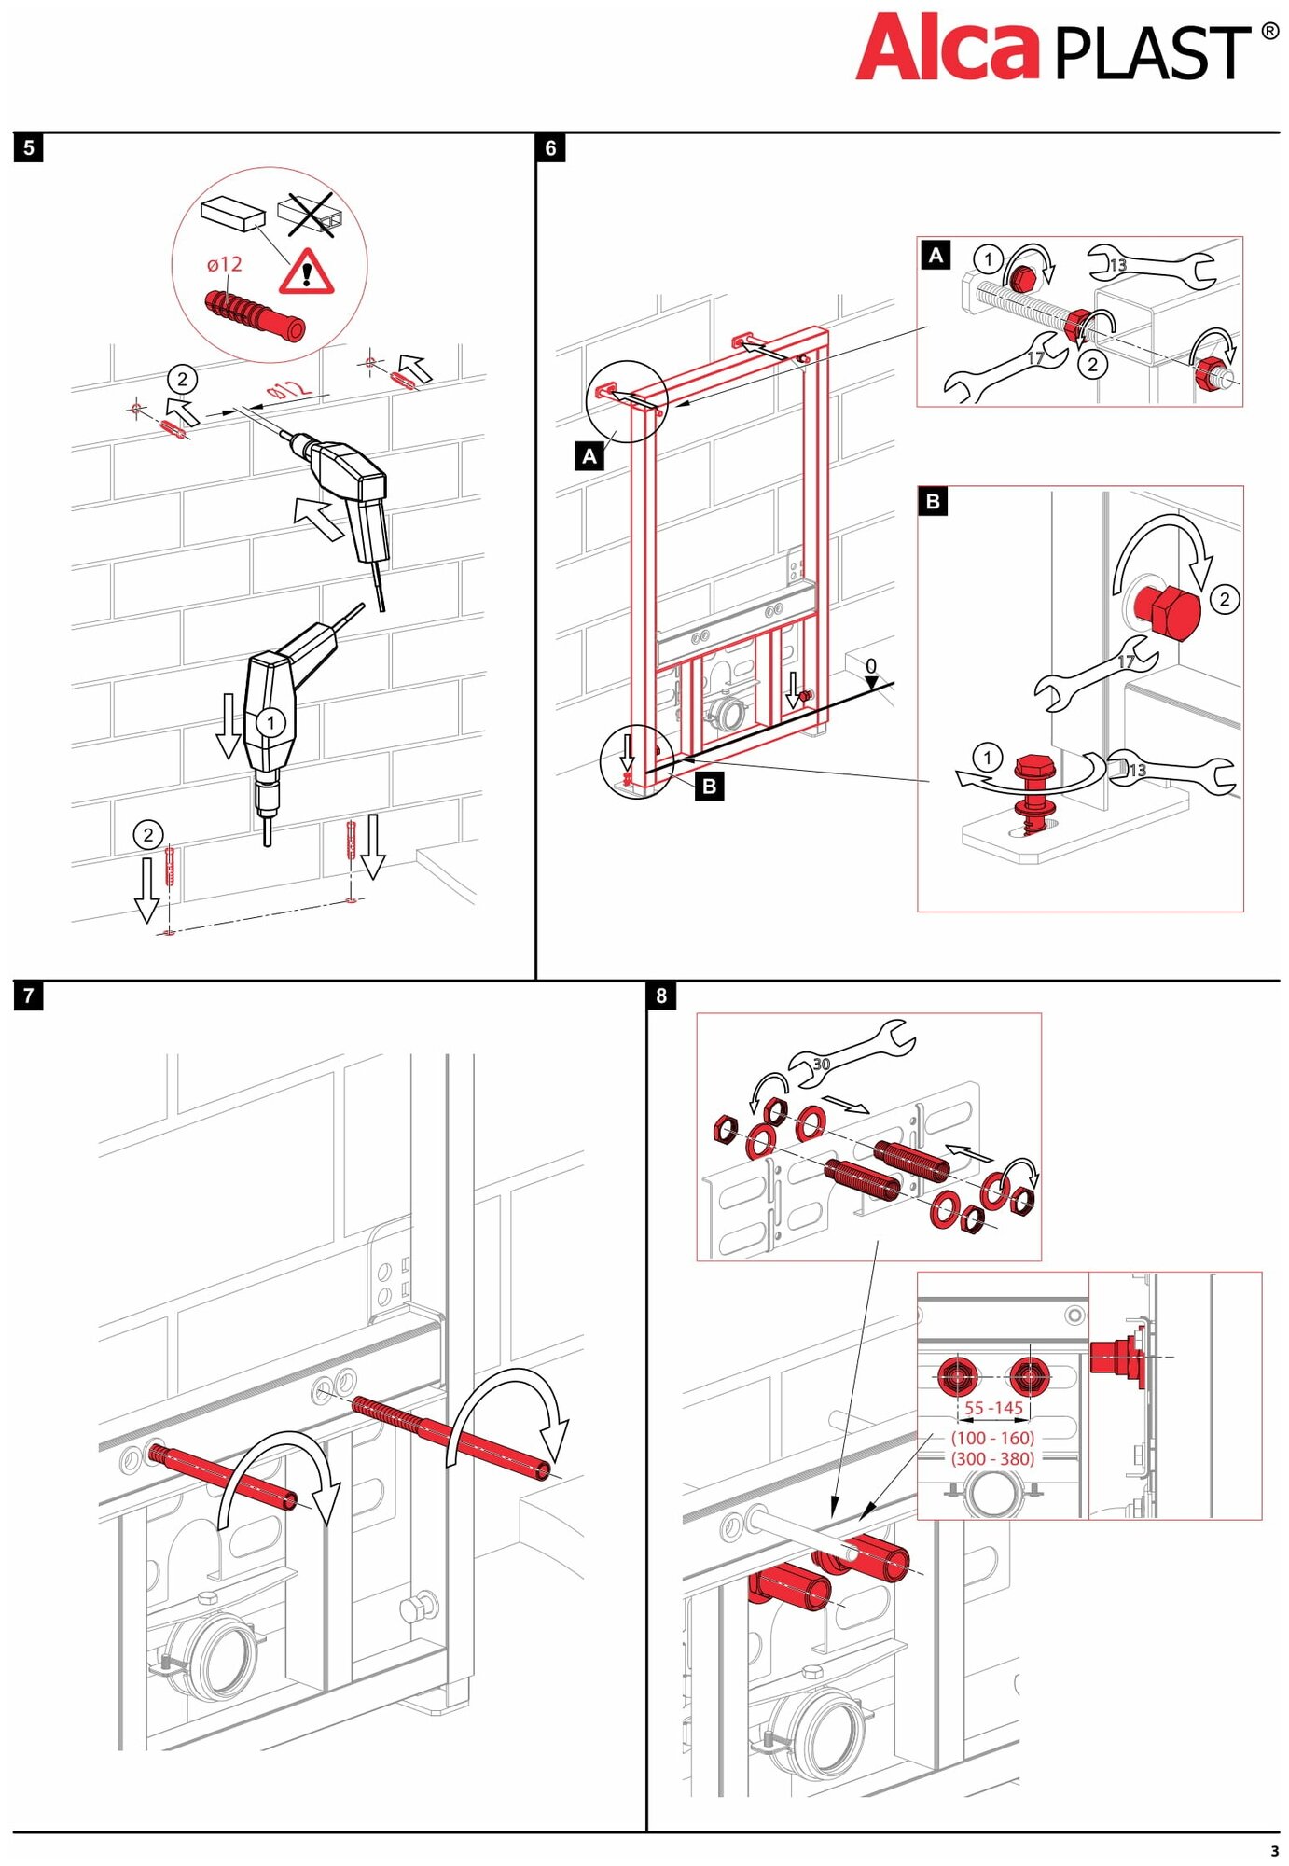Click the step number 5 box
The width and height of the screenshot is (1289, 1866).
pyautogui.click(x=29, y=147)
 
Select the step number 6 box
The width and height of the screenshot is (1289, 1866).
pyautogui.click(x=550, y=147)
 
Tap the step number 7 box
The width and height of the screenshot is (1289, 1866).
pyautogui.click(x=29, y=996)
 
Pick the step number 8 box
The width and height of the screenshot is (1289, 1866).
pyautogui.click(x=661, y=996)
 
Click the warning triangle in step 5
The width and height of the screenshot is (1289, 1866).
pyautogui.click(x=306, y=272)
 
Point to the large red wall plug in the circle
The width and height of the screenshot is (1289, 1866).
pyautogui.click(x=255, y=314)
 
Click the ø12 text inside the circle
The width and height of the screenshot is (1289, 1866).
pyautogui.click(x=225, y=264)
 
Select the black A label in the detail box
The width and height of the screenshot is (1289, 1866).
pyautogui.click(x=936, y=255)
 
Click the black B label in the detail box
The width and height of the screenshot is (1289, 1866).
pyautogui.click(x=933, y=501)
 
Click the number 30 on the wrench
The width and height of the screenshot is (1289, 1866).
pyautogui.click(x=821, y=1064)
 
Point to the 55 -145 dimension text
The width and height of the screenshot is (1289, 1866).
pyautogui.click(x=993, y=1408)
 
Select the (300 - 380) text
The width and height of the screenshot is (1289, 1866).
pyautogui.click(x=992, y=1458)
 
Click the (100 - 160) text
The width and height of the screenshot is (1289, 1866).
pyautogui.click(x=992, y=1438)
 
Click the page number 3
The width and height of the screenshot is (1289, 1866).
pyautogui.click(x=1274, y=1851)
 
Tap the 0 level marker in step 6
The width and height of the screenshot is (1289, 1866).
pyautogui.click(x=870, y=666)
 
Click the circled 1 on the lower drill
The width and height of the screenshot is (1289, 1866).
pyautogui.click(x=270, y=722)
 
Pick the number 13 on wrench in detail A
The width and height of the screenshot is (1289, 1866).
pyautogui.click(x=1117, y=265)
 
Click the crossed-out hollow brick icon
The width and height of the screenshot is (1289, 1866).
pyautogui.click(x=311, y=216)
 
